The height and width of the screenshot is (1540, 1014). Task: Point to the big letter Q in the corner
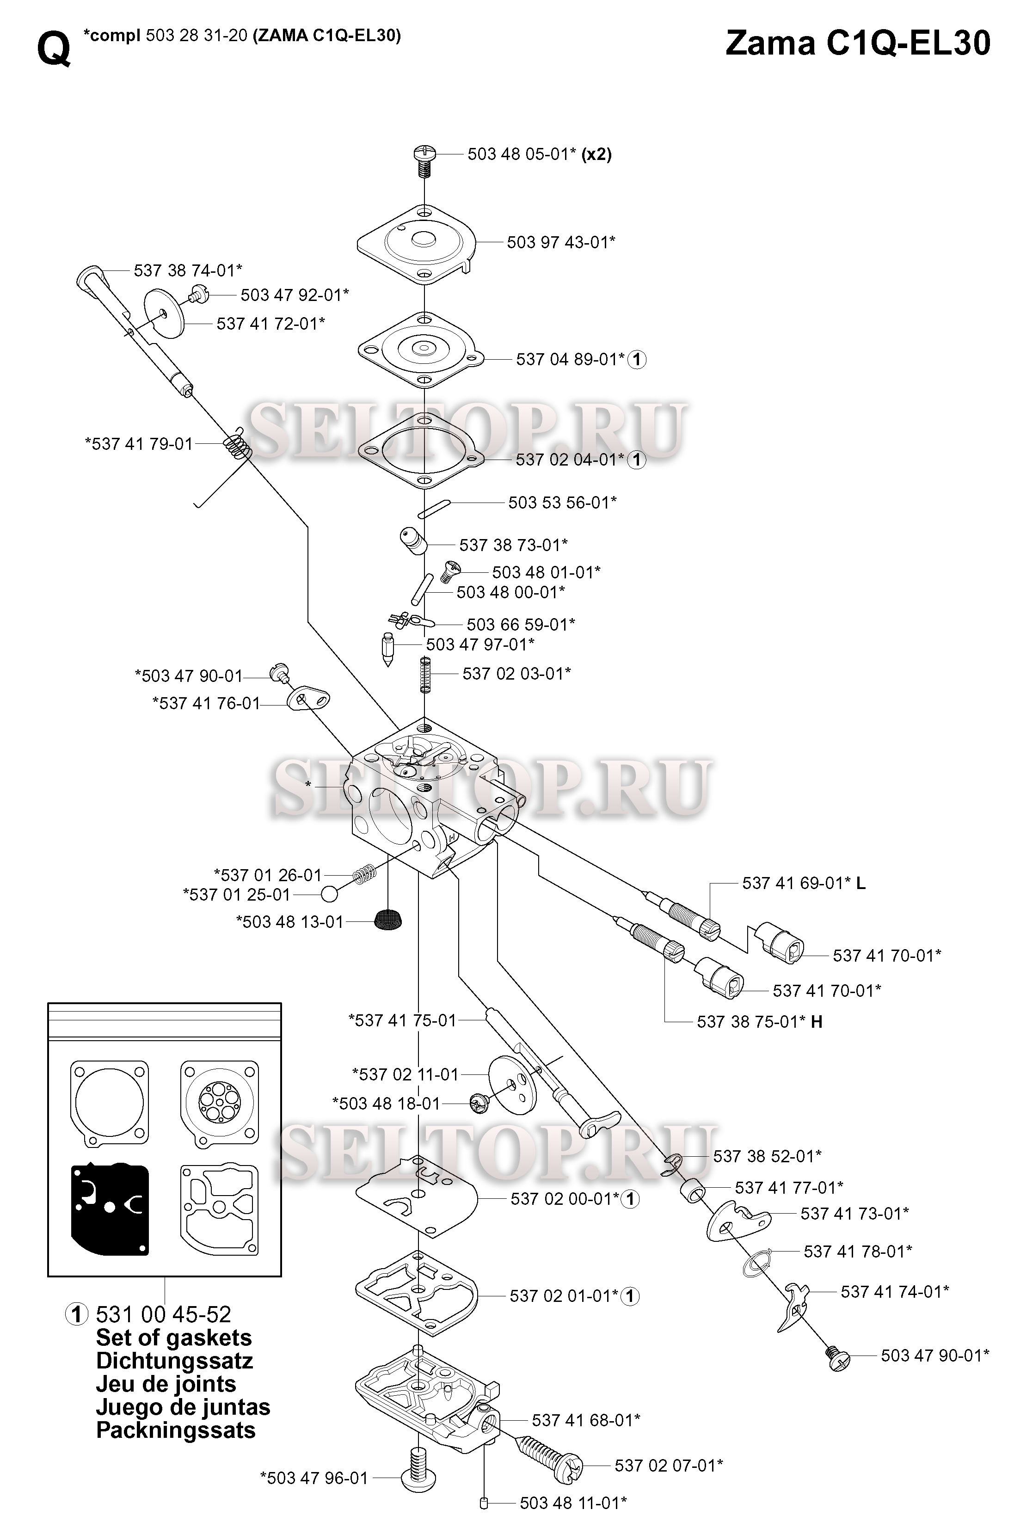tap(53, 49)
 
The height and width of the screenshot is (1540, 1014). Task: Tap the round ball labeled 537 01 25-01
tap(329, 895)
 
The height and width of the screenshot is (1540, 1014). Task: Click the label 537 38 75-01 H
tap(759, 1022)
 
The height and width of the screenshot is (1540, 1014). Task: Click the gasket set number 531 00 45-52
tap(163, 1314)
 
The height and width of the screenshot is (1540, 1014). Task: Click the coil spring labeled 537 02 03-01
tap(425, 674)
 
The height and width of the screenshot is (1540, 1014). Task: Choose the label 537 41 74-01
tap(894, 1292)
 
